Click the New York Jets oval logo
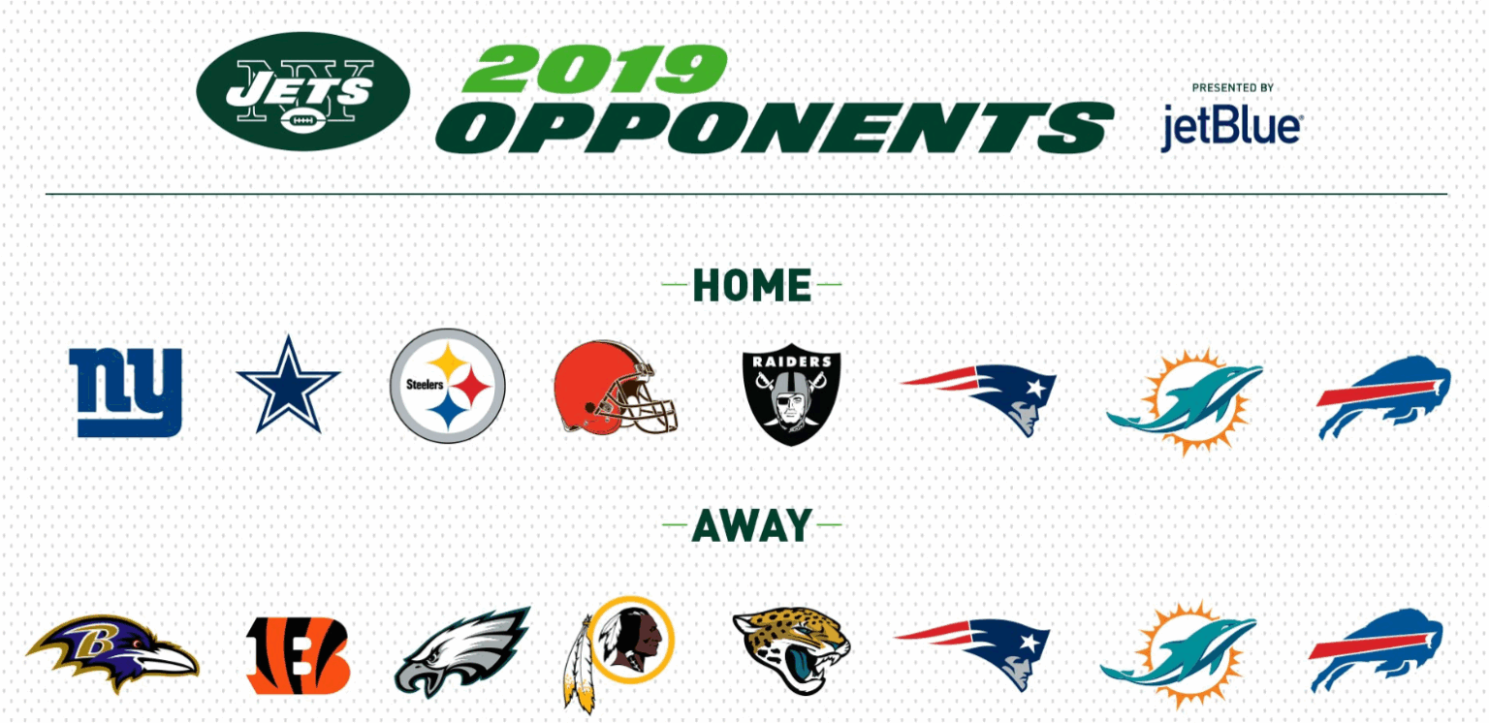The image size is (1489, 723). click(303, 91)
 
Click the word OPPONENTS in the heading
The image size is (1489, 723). click(775, 128)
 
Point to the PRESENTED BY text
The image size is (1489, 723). click(1232, 88)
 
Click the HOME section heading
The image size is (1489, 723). click(752, 286)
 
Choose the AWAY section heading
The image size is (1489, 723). click(752, 525)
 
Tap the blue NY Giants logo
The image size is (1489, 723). click(126, 393)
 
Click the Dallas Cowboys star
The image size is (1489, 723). click(288, 386)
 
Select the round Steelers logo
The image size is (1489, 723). click(447, 386)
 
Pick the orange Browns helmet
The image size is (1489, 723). click(615, 388)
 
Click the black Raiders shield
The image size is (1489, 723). click(791, 393)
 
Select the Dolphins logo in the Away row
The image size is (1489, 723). click(1178, 654)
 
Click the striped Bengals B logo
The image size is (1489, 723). click(298, 655)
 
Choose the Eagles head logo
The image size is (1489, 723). click(462, 652)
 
